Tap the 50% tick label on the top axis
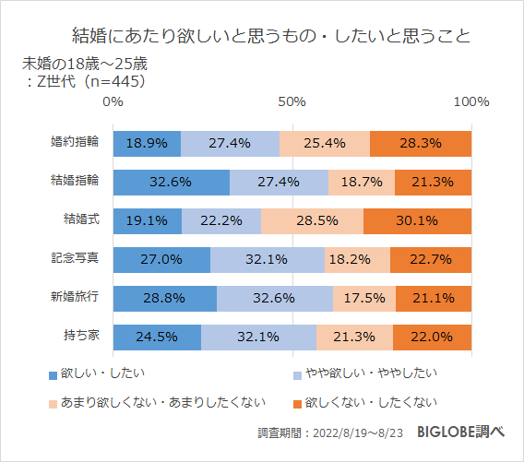point(292,101)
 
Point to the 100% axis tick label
point(471,101)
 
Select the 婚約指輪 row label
point(77,143)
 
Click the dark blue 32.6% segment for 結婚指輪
point(171,182)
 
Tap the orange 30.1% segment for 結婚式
point(417,220)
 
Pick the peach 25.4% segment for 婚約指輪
point(324,143)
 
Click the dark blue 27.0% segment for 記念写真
point(161,259)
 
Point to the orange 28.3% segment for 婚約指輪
point(420,143)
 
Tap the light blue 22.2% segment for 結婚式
point(221,220)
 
